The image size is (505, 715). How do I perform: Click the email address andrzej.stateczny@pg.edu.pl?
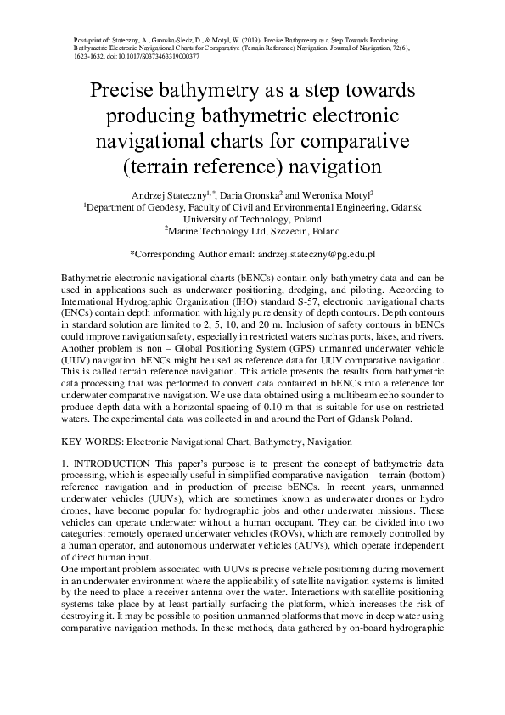[x=315, y=254]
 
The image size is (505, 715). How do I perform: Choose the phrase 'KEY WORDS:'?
[x=93, y=442]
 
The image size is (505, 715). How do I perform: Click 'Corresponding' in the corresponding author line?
[x=166, y=254]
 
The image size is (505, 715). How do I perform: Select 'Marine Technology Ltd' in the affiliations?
[x=209, y=231]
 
